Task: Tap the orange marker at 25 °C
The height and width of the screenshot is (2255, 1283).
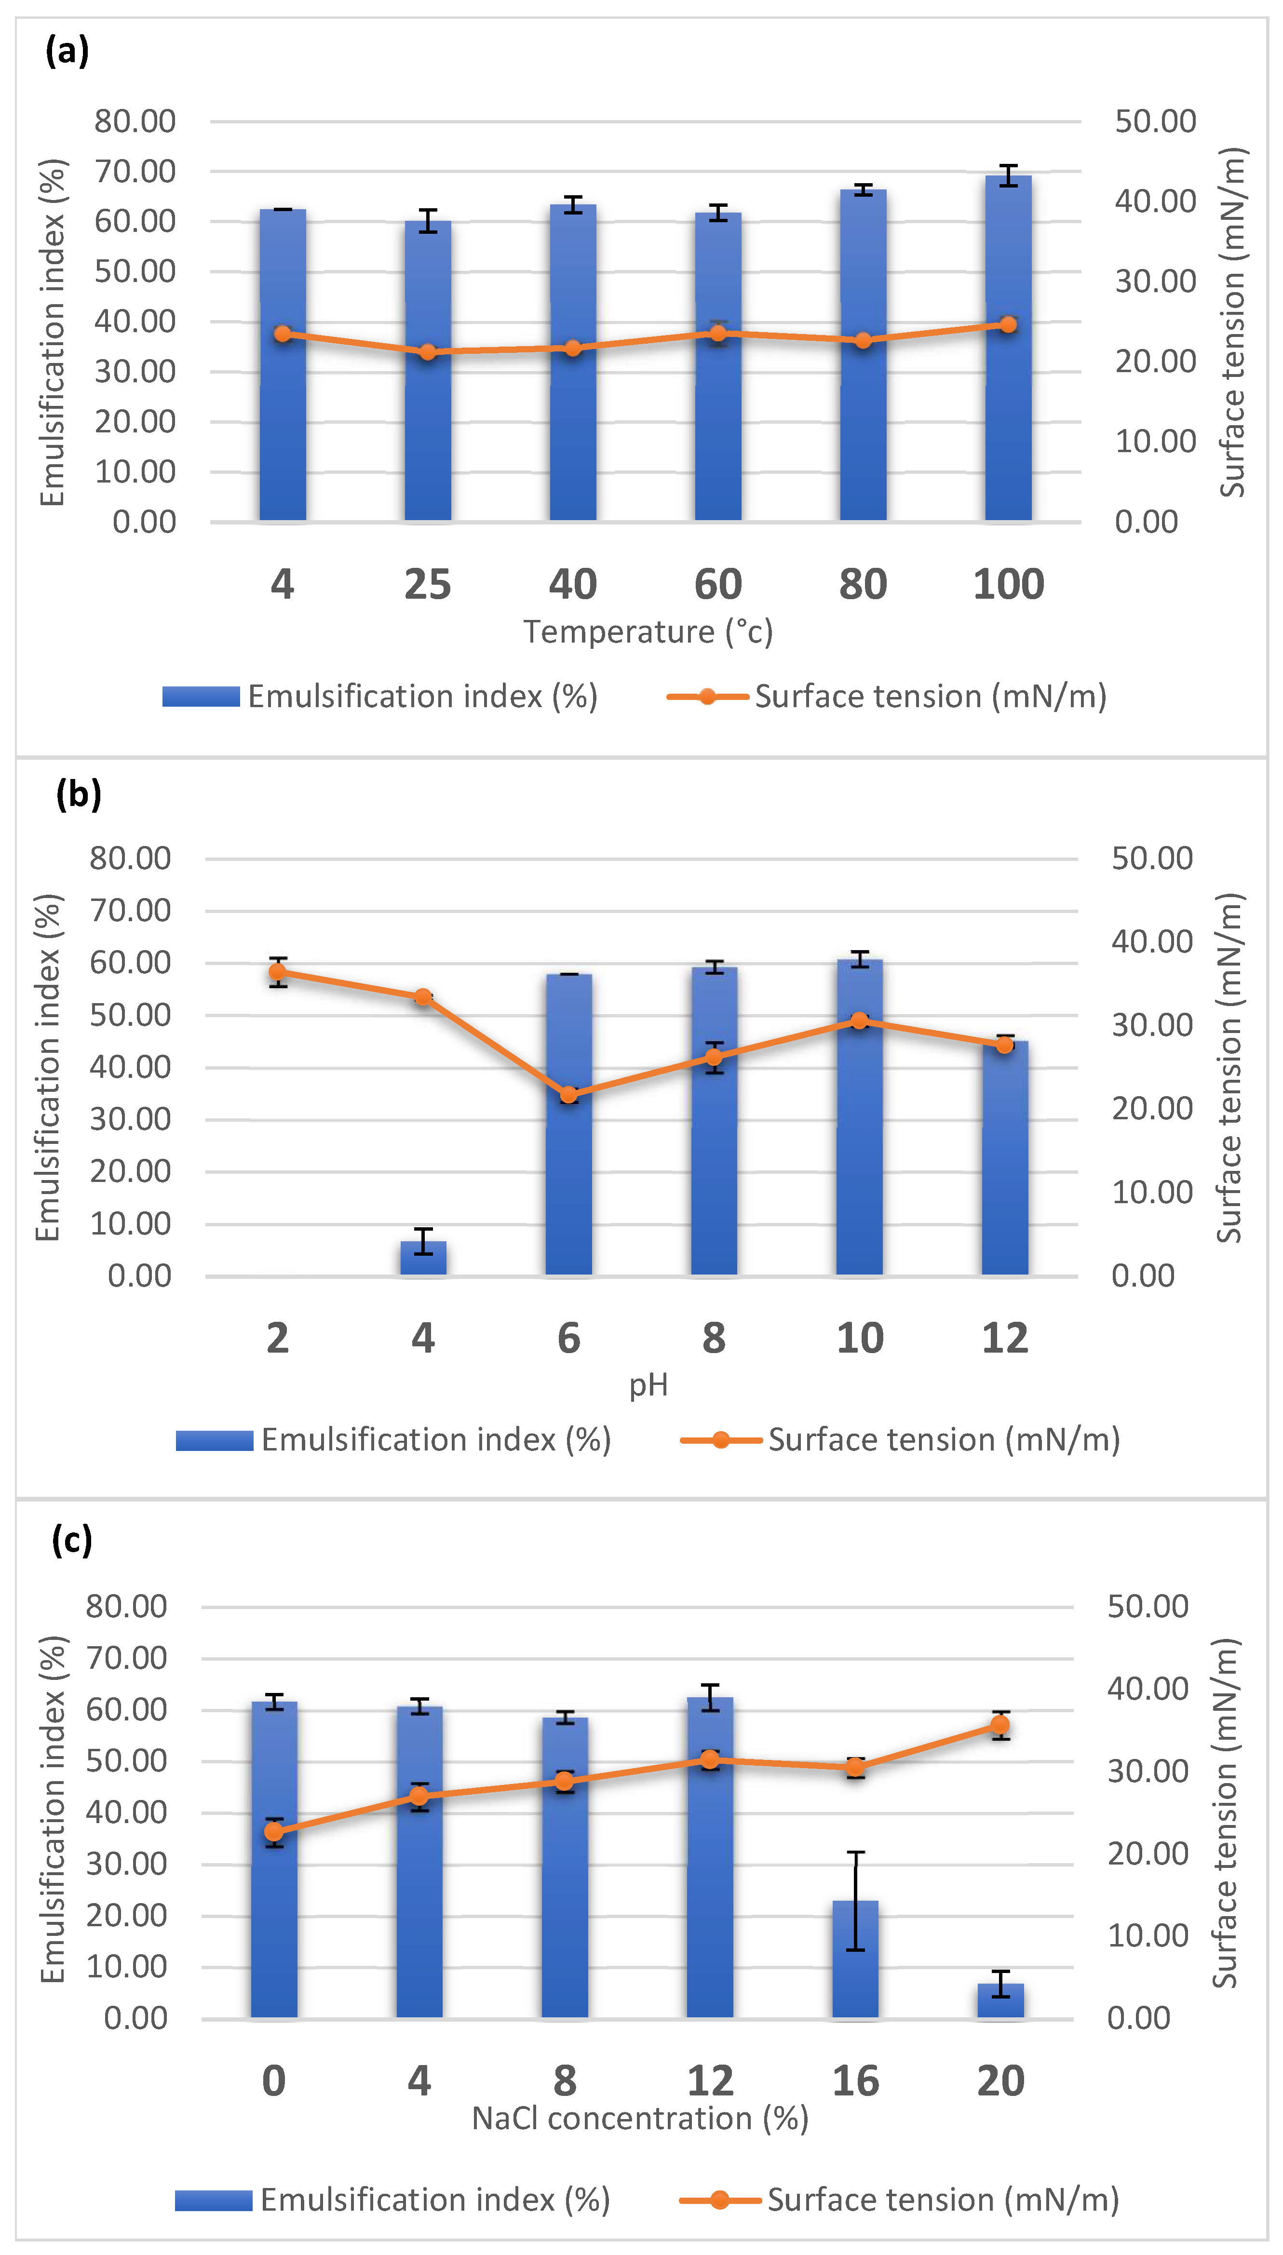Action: click(427, 352)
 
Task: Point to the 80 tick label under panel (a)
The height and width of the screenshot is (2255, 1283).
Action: click(863, 584)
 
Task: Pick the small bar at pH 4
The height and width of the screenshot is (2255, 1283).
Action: click(423, 1257)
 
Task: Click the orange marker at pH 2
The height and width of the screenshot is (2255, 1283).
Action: click(278, 972)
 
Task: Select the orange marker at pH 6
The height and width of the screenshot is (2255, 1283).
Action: click(569, 1095)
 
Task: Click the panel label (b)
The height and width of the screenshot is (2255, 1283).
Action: click(79, 794)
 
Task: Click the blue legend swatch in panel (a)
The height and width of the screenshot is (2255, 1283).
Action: click(201, 697)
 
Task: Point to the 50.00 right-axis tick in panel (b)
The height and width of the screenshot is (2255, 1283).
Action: click(1151, 858)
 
